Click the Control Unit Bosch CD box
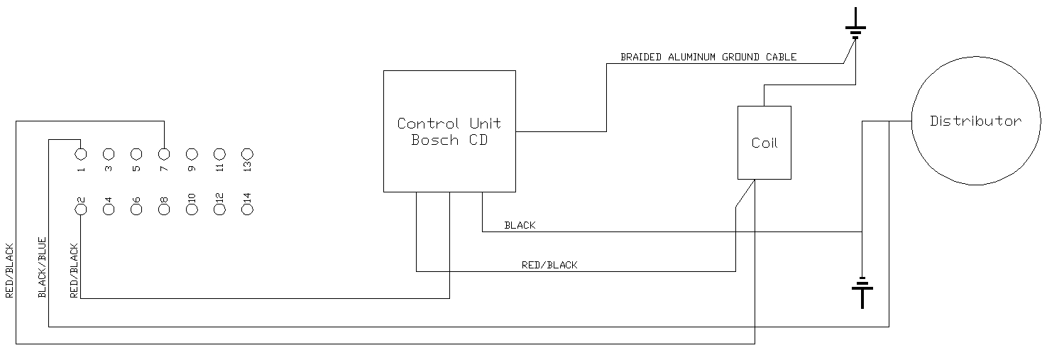pyautogui.click(x=449, y=131)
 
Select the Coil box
pyautogui.click(x=764, y=143)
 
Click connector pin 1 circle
pyautogui.click(x=81, y=153)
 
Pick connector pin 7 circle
pyautogui.click(x=164, y=153)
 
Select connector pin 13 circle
pyautogui.click(x=247, y=153)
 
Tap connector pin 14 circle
pyautogui.click(x=247, y=209)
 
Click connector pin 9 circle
pyautogui.click(x=192, y=153)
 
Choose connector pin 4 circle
pyautogui.click(x=109, y=209)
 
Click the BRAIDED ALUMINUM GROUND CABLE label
pyautogui.click(x=708, y=57)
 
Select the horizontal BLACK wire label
pyautogui.click(x=520, y=225)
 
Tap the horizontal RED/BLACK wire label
pyautogui.click(x=549, y=265)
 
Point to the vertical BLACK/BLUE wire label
pyautogui.click(x=42, y=266)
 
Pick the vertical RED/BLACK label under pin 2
pyautogui.click(x=74, y=271)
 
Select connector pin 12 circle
pyautogui.click(x=219, y=209)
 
